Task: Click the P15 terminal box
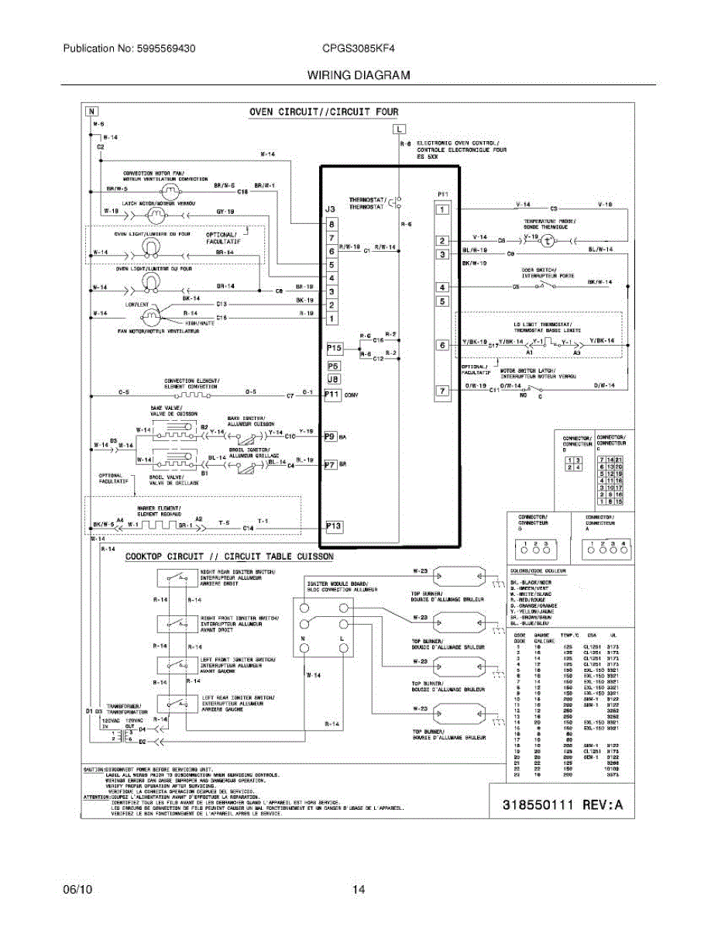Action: tap(334, 349)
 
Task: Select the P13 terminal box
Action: tap(334, 527)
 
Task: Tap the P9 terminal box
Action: tap(330, 436)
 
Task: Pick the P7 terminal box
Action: tap(330, 465)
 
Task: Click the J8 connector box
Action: tap(333, 380)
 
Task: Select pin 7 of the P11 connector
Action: tap(441, 391)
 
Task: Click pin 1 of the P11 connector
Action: tap(441, 209)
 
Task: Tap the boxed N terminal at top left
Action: tap(92, 111)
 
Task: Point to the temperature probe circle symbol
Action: tap(548, 241)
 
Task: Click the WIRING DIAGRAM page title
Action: tap(359, 75)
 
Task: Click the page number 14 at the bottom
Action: tap(359, 890)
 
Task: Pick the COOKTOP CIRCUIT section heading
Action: tap(229, 556)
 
